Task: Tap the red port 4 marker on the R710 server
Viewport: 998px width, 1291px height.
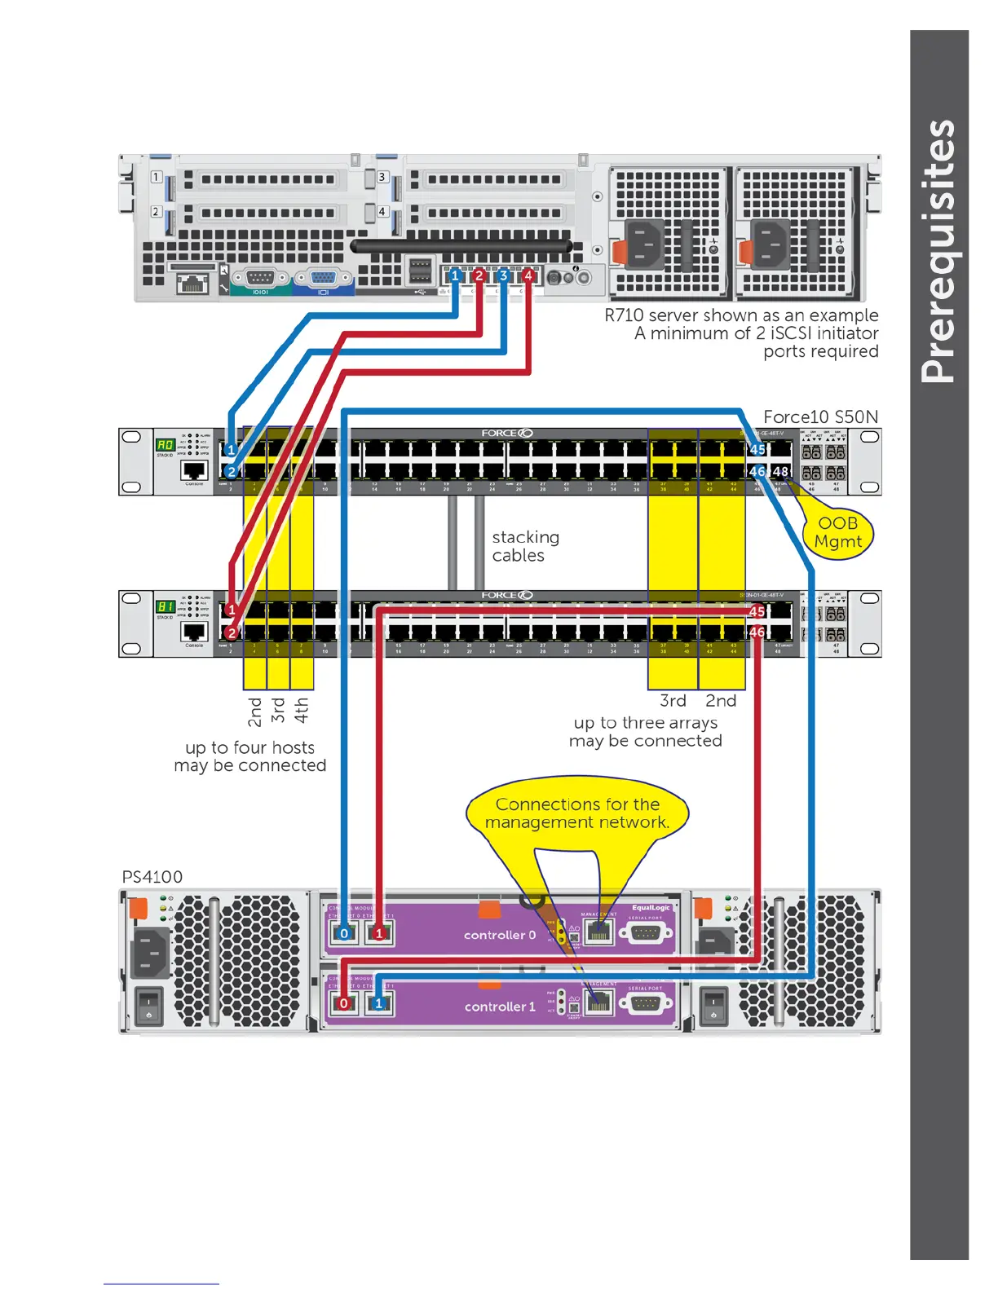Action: (528, 275)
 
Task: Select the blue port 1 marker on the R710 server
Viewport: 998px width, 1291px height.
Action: (455, 275)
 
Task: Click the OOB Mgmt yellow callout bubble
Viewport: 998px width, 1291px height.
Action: (838, 533)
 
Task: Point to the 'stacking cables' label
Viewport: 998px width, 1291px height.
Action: (525, 546)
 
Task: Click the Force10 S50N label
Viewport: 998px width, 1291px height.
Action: (820, 416)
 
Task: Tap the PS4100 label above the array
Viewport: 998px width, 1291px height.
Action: (152, 877)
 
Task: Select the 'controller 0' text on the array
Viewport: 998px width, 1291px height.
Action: (500, 935)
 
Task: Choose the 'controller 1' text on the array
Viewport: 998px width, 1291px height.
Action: (500, 1007)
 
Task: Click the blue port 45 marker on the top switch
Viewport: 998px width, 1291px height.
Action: (757, 449)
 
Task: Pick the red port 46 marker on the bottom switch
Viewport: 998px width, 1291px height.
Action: (757, 632)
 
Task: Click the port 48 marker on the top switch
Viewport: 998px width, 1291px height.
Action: (780, 471)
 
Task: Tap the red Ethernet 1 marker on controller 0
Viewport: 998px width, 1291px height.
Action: (379, 934)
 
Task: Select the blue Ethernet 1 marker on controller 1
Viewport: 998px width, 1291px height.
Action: (379, 1003)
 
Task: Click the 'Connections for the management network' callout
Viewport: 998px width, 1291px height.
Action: (577, 813)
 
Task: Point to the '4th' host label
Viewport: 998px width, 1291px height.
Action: (301, 710)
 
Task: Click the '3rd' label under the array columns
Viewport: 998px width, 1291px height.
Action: (673, 701)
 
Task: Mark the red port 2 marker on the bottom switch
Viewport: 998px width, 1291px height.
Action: (232, 632)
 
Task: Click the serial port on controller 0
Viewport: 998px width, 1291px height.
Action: (646, 932)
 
